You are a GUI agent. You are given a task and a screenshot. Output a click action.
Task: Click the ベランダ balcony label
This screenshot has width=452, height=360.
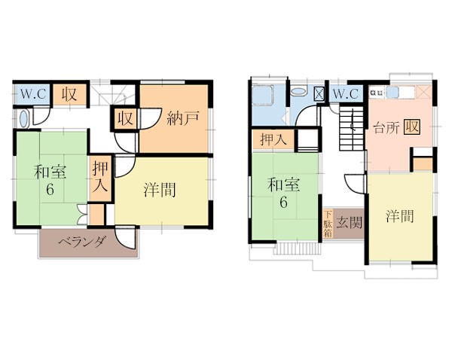pyautogui.click(x=82, y=243)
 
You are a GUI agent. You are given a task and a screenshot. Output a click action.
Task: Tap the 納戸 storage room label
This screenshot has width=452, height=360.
pyautogui.click(x=183, y=118)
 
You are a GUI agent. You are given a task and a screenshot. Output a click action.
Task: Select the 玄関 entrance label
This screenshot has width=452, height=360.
pyautogui.click(x=350, y=222)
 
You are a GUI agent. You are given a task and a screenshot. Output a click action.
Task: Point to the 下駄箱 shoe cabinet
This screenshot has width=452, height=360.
pyautogui.click(x=328, y=224)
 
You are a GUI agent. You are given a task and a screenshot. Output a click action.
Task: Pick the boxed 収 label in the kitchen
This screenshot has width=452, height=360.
pyautogui.click(x=412, y=127)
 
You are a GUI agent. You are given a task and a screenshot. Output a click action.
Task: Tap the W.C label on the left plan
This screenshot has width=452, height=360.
pyautogui.click(x=33, y=93)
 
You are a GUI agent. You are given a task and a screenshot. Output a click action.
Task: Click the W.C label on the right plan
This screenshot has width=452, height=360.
pyautogui.click(x=346, y=93)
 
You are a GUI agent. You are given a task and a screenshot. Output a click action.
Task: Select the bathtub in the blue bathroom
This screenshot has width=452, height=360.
pyautogui.click(x=262, y=94)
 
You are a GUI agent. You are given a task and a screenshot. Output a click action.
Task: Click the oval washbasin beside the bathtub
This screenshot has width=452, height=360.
pyautogui.click(x=298, y=92)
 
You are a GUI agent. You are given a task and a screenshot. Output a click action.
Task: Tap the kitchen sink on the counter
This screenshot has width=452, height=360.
pyautogui.click(x=392, y=93)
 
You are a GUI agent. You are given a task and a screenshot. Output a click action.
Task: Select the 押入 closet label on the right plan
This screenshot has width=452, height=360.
pyautogui.click(x=273, y=139)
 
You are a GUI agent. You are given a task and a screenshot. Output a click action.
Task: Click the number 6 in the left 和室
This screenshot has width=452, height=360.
pyautogui.click(x=50, y=190)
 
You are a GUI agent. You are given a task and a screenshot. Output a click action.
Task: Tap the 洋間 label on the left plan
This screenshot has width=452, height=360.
pyautogui.click(x=160, y=190)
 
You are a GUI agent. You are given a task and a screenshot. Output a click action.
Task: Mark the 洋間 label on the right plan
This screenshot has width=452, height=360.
pyautogui.click(x=400, y=216)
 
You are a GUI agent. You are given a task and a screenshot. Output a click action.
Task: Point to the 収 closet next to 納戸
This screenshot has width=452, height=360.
pyautogui.click(x=125, y=118)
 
